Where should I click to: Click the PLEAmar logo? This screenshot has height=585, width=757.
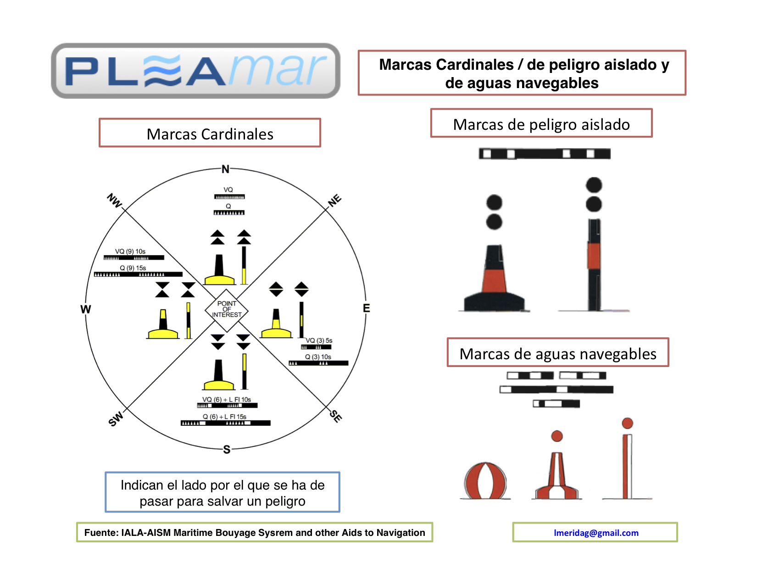(195, 71)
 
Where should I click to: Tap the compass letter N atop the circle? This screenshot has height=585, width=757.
(225, 169)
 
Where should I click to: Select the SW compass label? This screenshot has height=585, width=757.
(116, 418)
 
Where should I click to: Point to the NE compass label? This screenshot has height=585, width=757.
(335, 200)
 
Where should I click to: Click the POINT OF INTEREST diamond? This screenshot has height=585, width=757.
(227, 310)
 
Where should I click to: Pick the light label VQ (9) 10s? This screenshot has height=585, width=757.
(130, 251)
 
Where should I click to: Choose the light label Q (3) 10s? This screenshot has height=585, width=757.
(318, 357)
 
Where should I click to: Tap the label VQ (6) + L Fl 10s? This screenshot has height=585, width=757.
(227, 400)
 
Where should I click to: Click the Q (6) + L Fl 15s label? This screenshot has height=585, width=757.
(225, 417)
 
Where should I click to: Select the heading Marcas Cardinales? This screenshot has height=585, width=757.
(210, 134)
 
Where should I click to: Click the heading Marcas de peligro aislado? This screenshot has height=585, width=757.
(541, 124)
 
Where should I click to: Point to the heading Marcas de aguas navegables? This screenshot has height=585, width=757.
(558, 354)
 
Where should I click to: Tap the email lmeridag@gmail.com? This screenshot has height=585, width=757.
(596, 533)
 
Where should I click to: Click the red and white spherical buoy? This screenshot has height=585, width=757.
(485, 481)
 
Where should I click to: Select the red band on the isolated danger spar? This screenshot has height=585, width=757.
(594, 256)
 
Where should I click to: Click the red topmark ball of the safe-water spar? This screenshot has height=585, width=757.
(628, 423)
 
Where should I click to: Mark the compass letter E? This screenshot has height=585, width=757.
(366, 308)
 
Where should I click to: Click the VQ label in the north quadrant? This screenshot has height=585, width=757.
(228, 189)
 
